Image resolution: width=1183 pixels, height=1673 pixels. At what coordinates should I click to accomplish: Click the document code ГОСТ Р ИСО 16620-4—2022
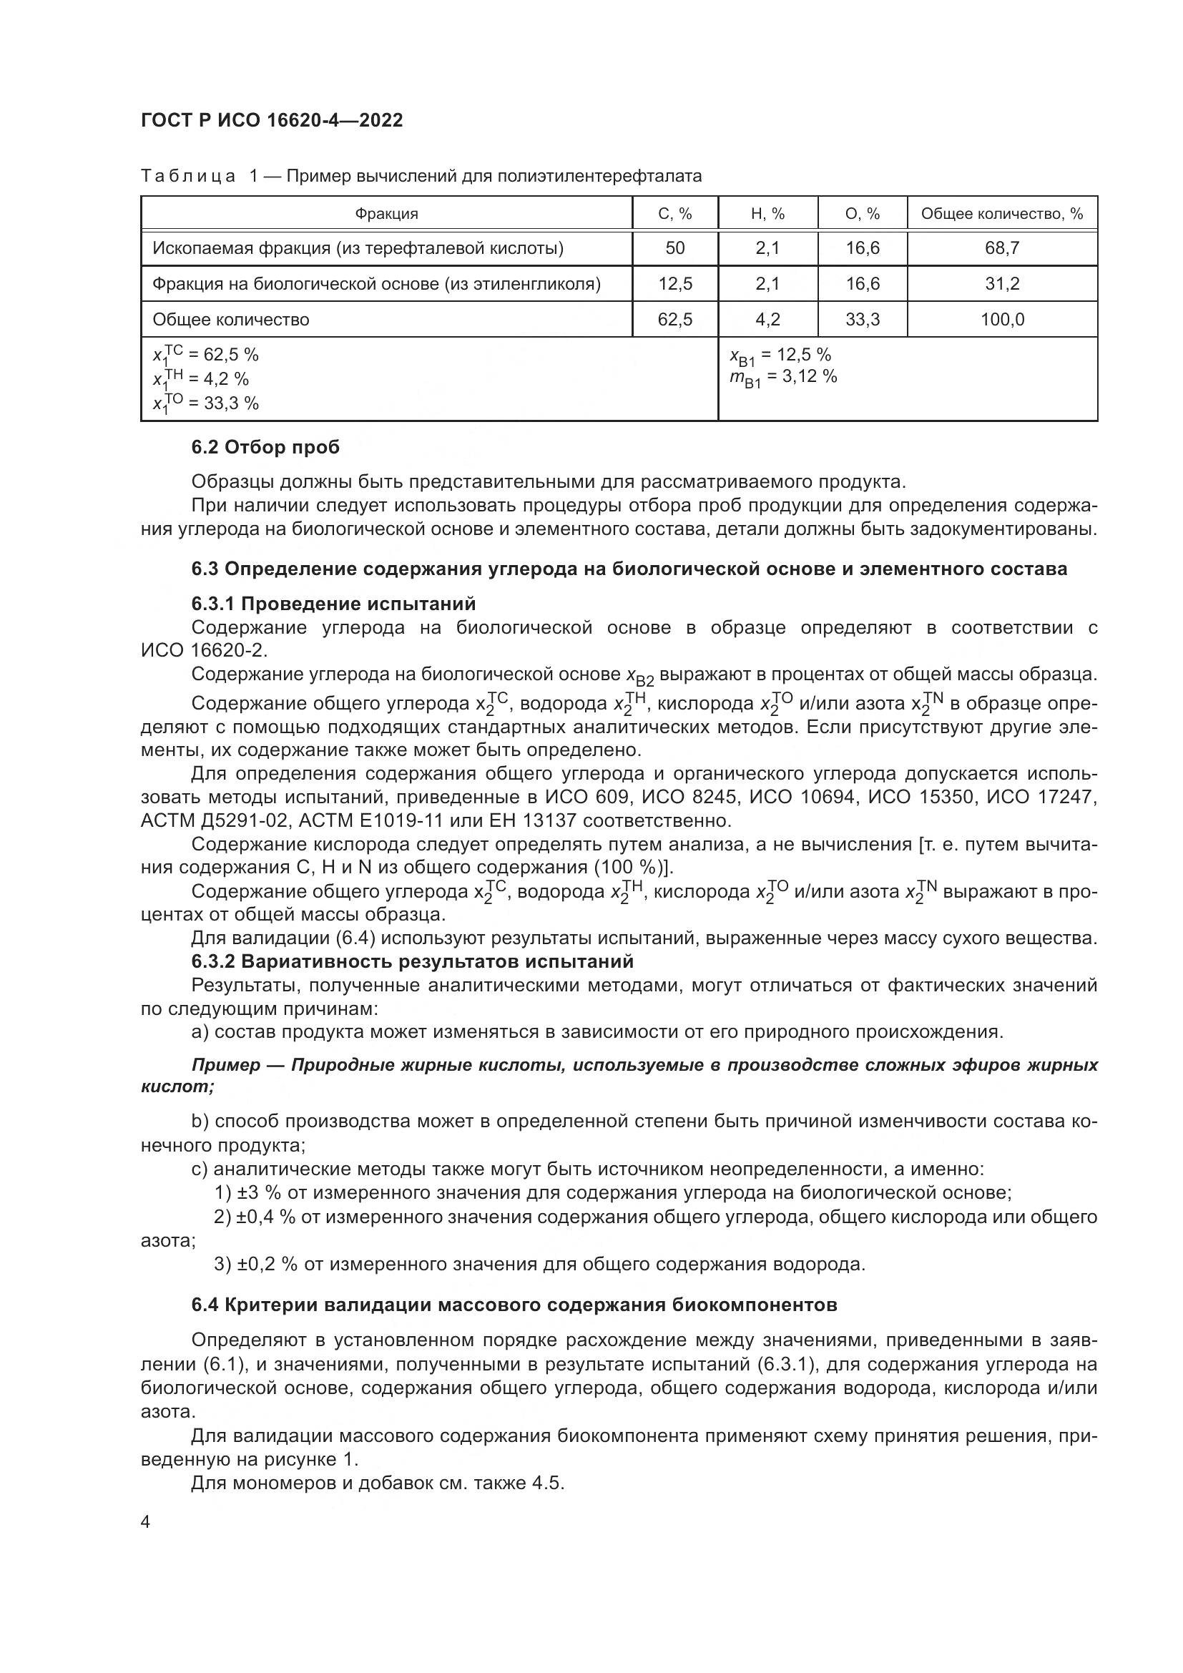click(x=272, y=120)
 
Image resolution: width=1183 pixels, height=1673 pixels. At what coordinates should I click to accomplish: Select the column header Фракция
click(x=386, y=215)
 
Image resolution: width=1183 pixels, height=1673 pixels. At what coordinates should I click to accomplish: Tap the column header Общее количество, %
click(x=1001, y=215)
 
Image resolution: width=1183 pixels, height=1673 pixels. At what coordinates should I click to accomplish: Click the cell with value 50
click(x=674, y=248)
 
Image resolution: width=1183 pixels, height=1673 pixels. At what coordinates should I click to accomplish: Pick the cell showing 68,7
click(x=1001, y=248)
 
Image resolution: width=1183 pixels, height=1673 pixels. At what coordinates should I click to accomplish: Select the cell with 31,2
click(x=1001, y=283)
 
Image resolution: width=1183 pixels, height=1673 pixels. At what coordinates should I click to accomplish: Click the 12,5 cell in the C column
click(x=674, y=283)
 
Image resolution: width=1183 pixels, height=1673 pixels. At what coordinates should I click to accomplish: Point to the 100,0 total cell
click(x=1001, y=319)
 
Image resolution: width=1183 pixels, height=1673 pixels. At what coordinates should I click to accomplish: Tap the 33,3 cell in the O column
click(x=863, y=319)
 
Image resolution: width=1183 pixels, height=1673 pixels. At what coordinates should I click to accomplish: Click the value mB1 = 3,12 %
click(x=783, y=378)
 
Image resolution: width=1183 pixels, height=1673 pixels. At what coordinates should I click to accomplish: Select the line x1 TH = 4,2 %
click(x=200, y=379)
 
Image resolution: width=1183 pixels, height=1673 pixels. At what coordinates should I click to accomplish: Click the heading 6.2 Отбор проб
click(x=265, y=447)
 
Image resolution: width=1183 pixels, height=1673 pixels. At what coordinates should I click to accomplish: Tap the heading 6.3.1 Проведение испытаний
click(x=333, y=604)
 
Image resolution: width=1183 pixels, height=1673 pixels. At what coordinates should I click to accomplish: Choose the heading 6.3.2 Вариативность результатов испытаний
click(x=412, y=961)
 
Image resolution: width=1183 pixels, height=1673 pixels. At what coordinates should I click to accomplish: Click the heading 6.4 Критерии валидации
click(x=514, y=1305)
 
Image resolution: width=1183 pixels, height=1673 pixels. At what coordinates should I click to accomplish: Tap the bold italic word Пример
click(x=226, y=1065)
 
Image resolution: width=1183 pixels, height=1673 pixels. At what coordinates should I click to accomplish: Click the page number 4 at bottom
click(x=145, y=1522)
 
